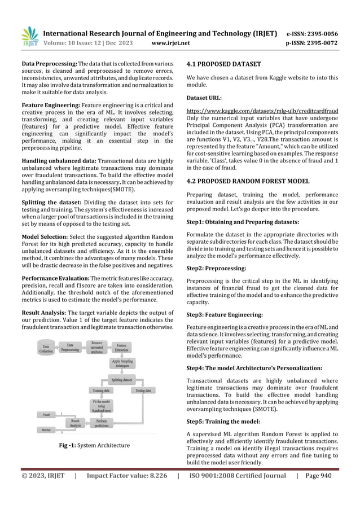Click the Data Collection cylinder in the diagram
coord(46,350)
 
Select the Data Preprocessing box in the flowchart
coord(70,348)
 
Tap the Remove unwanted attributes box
coord(96,346)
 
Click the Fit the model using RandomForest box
coord(102,406)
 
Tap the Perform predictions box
coord(102,423)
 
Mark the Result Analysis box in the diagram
coord(75,423)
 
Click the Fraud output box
coord(46,415)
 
